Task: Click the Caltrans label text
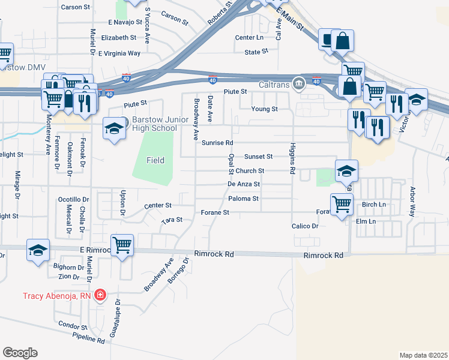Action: [x=274, y=84]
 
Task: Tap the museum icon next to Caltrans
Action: [x=297, y=83]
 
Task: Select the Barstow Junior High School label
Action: [x=148, y=124]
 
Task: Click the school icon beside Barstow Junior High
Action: [x=113, y=129]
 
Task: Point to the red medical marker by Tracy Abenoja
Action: [x=100, y=295]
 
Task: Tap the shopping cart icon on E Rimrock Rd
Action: [x=122, y=245]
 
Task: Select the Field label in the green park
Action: [x=155, y=160]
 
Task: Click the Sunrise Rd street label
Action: [x=217, y=143]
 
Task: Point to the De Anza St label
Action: [x=244, y=184]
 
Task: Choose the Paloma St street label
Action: [x=243, y=199]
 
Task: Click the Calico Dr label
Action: [x=305, y=226]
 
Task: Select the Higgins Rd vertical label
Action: [x=292, y=158]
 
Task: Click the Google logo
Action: [x=20, y=352]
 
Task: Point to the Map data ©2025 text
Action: [x=423, y=355]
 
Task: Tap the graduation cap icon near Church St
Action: [x=346, y=171]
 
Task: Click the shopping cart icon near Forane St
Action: [x=342, y=205]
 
